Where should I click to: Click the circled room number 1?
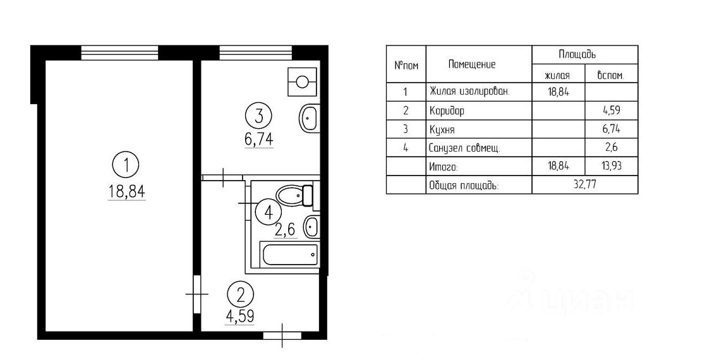[127, 166]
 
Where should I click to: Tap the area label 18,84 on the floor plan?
[127, 191]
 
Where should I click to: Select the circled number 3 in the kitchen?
[259, 116]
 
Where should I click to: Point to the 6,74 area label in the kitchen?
[259, 138]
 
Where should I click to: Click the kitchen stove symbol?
[302, 81]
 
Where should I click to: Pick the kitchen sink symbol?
[308, 117]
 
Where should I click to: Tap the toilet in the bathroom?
[295, 195]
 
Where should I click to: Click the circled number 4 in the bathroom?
[269, 212]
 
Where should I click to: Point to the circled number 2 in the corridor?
[239, 294]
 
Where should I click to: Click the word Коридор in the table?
[447, 111]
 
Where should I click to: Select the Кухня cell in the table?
[442, 129]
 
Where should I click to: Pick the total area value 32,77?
[584, 185]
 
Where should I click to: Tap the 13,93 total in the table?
[610, 167]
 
